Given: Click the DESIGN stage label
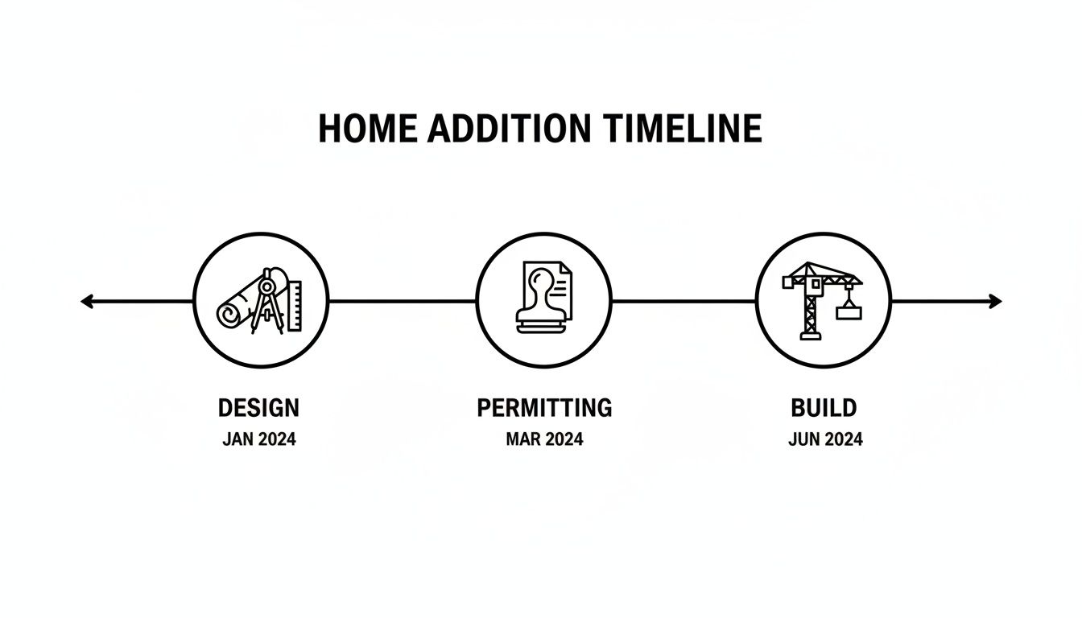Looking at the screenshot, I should (258, 408).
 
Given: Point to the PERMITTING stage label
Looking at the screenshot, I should (544, 408).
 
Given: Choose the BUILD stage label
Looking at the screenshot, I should (824, 408).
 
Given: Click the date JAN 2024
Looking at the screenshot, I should (258, 440).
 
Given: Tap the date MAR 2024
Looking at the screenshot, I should (544, 439).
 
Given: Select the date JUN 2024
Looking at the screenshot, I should (824, 440).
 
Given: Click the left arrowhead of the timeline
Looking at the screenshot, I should (86, 302).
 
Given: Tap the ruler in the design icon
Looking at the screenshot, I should (293, 306).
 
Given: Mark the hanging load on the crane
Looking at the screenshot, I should (849, 311).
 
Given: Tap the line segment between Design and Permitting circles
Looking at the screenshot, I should (403, 302).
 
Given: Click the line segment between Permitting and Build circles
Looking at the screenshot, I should (683, 302).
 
